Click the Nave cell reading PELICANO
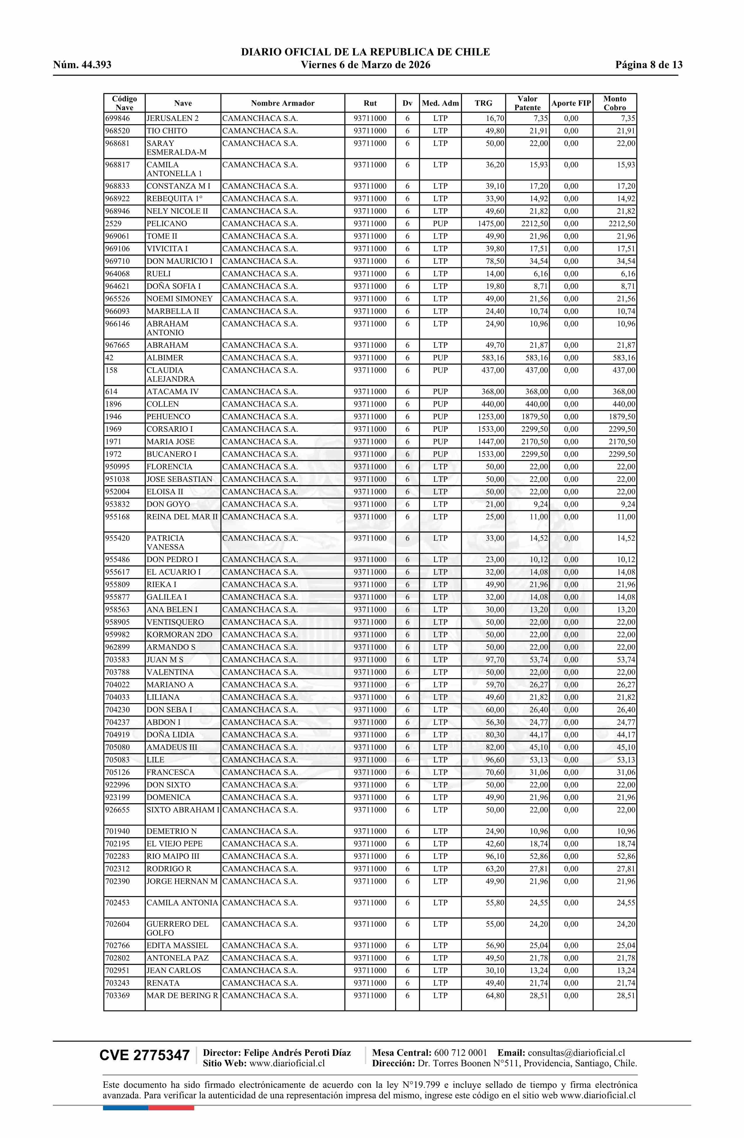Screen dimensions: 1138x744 click(x=167, y=224)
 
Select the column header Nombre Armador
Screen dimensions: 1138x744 click(x=283, y=103)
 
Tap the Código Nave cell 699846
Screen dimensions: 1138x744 click(x=117, y=118)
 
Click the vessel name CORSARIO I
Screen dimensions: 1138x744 click(x=170, y=430)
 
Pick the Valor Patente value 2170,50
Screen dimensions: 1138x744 click(x=535, y=442)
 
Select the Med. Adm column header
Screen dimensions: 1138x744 click(x=440, y=103)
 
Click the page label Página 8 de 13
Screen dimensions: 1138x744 click(x=649, y=65)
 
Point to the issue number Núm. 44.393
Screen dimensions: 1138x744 click(x=82, y=65)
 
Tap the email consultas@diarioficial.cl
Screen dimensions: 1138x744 click(x=576, y=1053)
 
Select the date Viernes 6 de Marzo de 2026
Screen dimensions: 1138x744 click(x=365, y=65)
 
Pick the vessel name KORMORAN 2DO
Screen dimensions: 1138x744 click(x=179, y=635)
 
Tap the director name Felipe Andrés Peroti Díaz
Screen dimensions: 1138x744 click(x=297, y=1053)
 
